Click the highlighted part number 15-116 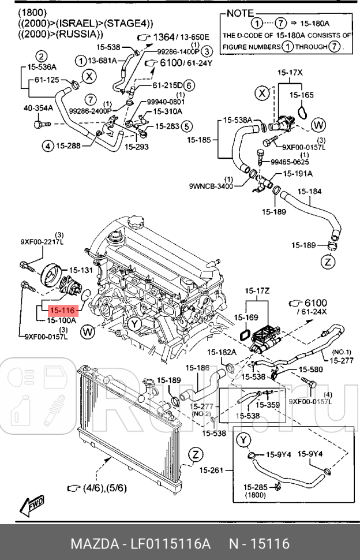61,310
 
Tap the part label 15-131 81,270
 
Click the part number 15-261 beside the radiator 211,471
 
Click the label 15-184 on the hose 309,191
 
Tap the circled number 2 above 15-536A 42,57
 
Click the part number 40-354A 38,107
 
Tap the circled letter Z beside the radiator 196,454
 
